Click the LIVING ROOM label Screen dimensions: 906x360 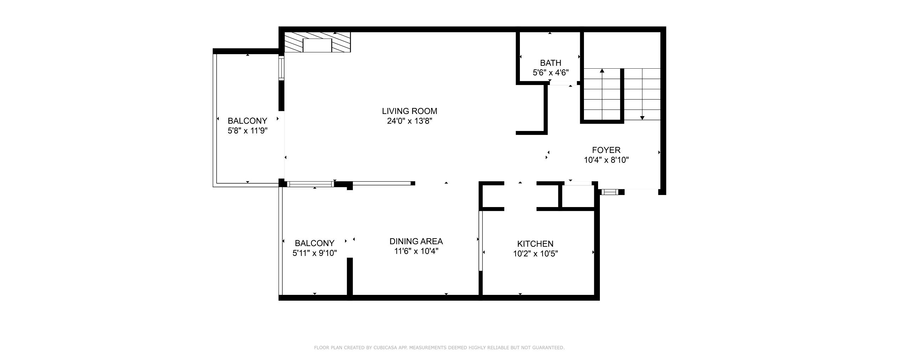click(409, 111)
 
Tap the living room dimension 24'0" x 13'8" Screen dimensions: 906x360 click(409, 121)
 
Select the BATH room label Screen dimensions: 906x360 click(550, 63)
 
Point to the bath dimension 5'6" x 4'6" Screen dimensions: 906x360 click(551, 73)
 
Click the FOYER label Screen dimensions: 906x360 click(606, 150)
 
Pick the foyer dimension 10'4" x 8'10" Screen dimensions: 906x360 click(606, 160)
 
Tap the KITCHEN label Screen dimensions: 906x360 click(535, 244)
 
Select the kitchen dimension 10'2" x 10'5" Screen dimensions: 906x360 click(535, 254)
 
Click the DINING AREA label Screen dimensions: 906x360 click(416, 241)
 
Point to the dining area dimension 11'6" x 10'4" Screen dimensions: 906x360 click(416, 251)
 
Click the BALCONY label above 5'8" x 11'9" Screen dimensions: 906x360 click(247, 121)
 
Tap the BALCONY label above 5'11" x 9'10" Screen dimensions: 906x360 click(314, 243)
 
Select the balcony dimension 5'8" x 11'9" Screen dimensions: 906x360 click(247, 131)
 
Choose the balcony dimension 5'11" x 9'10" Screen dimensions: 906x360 click(315, 253)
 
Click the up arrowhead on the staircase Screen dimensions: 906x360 click(602, 71)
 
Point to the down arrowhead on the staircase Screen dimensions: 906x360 click(642, 118)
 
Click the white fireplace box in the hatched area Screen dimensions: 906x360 click(317, 46)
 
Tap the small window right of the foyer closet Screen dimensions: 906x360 click(609, 192)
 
